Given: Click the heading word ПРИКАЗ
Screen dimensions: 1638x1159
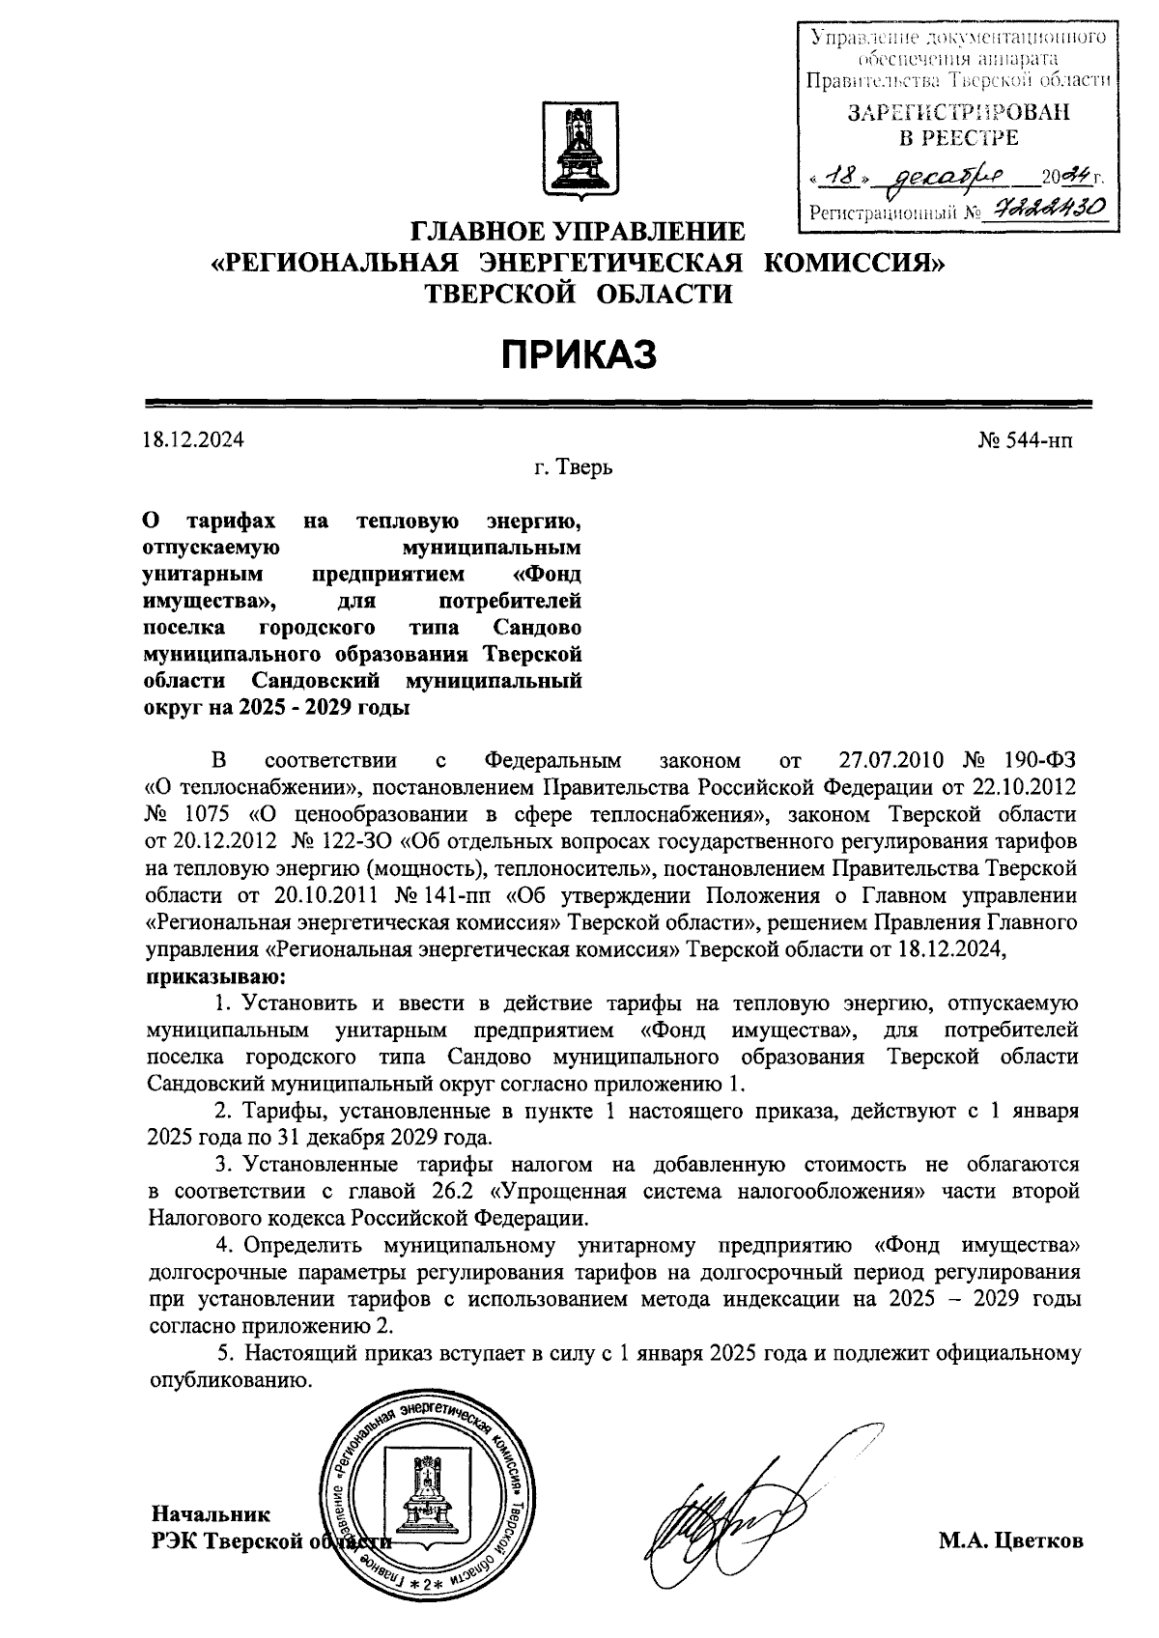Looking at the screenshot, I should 579,354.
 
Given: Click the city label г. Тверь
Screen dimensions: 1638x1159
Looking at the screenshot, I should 573,468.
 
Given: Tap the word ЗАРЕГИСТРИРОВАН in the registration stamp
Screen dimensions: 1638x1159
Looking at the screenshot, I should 958,112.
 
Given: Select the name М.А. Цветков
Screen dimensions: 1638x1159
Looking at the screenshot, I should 1011,1540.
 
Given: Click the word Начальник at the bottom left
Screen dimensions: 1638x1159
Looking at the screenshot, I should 211,1513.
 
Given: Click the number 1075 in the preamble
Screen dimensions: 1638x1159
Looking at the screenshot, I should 210,813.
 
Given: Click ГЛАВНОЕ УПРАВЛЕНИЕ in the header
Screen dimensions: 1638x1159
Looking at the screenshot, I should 579,233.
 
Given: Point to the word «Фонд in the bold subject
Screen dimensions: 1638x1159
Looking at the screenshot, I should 549,575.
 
